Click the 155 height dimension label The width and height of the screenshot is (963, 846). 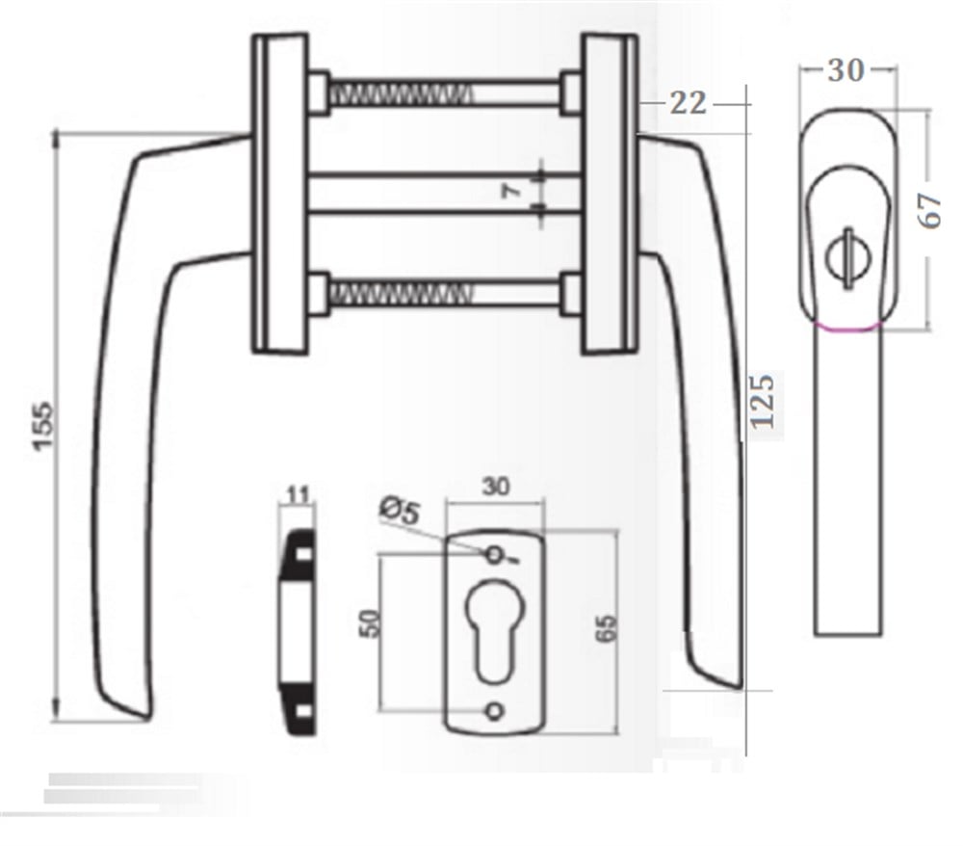[x=43, y=426]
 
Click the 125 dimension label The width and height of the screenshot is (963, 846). [x=763, y=401]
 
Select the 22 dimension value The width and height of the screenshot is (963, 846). [x=688, y=103]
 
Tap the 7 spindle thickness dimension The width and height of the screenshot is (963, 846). [x=511, y=191]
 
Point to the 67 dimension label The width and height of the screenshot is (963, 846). [x=931, y=211]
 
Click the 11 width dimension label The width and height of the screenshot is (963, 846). [x=298, y=494]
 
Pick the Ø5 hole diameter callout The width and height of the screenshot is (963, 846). [x=401, y=511]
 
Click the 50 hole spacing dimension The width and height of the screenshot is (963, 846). [x=371, y=623]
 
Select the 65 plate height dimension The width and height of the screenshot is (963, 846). [x=607, y=628]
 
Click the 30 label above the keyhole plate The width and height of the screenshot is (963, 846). [x=496, y=487]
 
